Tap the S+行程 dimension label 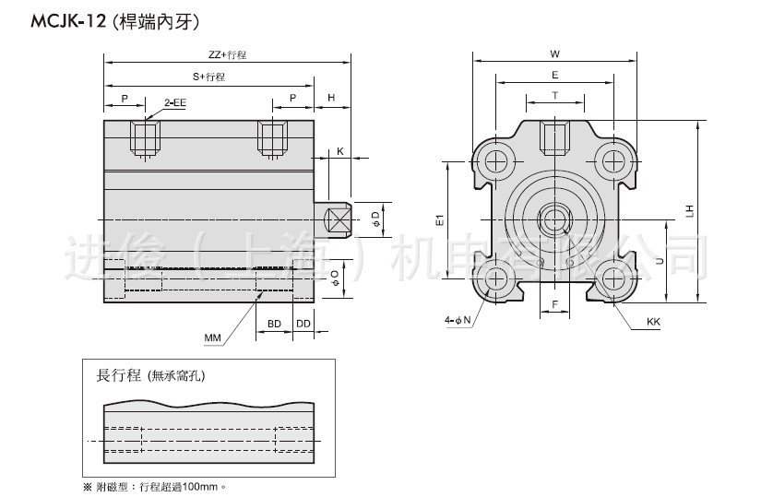[208, 77]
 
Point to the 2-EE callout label [175, 103]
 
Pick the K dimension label [340, 150]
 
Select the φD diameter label [374, 219]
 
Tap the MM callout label [213, 338]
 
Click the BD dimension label [274, 324]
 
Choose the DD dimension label [303, 324]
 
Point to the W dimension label [553, 53]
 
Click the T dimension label [554, 95]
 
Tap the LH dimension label [689, 211]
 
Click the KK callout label [653, 323]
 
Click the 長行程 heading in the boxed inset [118, 375]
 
